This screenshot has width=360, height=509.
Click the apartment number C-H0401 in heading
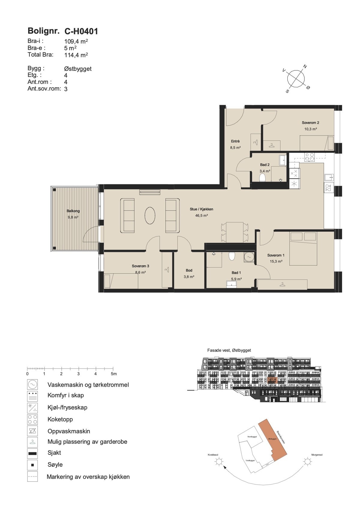click(81, 31)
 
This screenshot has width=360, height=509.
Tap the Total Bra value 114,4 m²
click(76, 55)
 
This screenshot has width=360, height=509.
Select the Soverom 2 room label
click(310, 123)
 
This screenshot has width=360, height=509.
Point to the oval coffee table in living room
click(150, 215)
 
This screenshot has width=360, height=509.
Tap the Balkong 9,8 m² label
click(73, 214)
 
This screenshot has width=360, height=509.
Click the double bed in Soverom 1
click(303, 248)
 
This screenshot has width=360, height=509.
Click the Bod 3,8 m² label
click(189, 273)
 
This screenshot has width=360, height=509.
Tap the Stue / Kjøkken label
click(201, 209)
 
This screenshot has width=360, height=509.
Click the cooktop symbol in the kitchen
click(309, 157)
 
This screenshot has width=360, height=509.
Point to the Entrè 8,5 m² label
click(235, 144)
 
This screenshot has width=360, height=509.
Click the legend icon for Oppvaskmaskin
click(32, 431)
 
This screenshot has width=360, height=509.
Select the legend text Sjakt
click(54, 453)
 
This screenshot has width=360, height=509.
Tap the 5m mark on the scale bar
click(113, 374)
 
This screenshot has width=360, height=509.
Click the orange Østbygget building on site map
click(272, 438)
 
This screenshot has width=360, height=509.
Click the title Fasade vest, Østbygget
click(229, 350)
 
